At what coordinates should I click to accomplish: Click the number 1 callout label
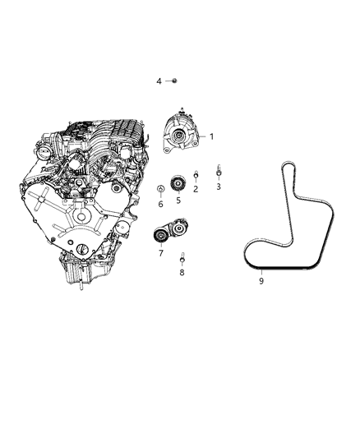pos(211,137)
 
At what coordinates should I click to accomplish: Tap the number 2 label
pos(196,189)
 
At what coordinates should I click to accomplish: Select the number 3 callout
pos(219,187)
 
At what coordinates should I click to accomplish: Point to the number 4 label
pos(159,81)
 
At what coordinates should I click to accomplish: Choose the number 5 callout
pos(178,199)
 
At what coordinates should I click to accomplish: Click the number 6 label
pos(160,204)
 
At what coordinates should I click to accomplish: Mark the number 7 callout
pos(161,253)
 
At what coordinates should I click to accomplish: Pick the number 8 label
pos(182,271)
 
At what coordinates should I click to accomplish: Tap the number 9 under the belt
pos(261,281)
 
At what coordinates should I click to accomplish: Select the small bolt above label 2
pos(196,175)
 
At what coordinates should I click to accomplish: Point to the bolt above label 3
pos(219,170)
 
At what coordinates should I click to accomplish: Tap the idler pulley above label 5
pos(175,182)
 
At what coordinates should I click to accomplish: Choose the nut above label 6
pos(159,191)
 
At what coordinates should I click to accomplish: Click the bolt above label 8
pos(182,257)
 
